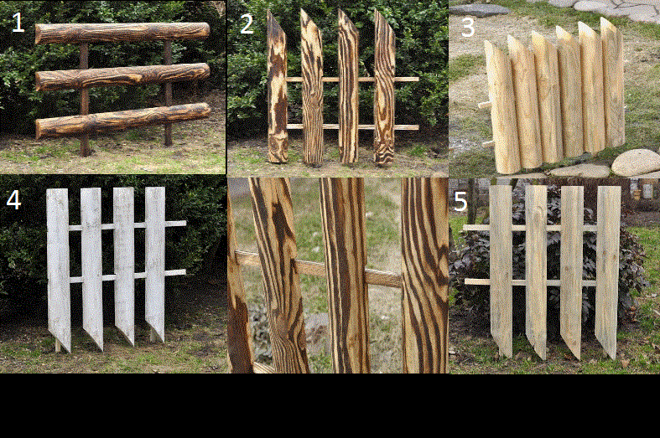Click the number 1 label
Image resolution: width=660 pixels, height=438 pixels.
point(18,23)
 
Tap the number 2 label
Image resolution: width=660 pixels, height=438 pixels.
point(247,24)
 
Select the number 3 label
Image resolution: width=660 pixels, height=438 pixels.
point(468,28)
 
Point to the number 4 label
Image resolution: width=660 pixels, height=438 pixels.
point(13,200)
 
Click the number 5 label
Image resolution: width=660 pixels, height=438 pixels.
point(460,202)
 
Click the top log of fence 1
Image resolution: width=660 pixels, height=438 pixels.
point(122,33)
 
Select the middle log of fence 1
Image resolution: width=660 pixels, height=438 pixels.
point(122,77)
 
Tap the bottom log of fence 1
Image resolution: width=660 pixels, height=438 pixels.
point(122,121)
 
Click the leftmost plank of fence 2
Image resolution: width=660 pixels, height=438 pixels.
point(277,87)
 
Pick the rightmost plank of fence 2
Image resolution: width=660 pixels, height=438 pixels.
point(385,87)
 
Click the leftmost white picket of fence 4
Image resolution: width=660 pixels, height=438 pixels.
point(59,269)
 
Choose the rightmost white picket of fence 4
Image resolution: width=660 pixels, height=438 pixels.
point(155,264)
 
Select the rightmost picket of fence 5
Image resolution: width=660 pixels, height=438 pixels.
point(608,272)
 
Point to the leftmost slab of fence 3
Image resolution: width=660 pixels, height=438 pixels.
point(503,107)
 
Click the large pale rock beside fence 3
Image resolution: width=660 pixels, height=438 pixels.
point(636,162)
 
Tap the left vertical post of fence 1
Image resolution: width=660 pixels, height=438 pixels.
point(84,99)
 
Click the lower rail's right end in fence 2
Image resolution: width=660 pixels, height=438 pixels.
point(418,127)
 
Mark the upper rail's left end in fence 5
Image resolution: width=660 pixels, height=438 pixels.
point(465,228)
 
